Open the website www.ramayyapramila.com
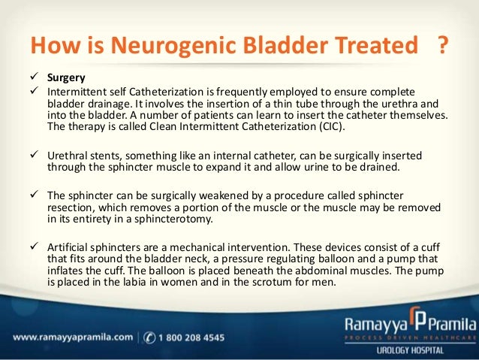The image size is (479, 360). click(67, 337)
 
